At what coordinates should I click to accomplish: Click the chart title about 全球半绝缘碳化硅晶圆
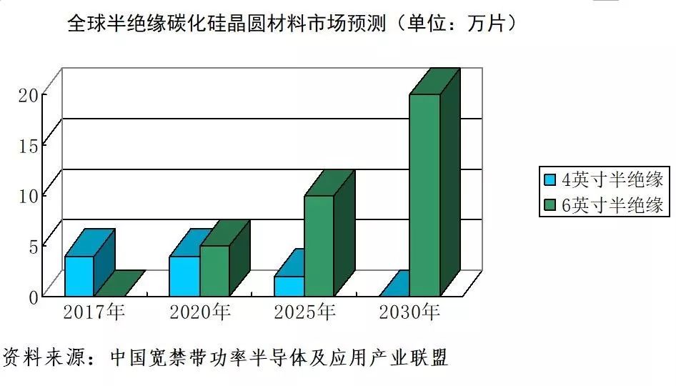coord(292,24)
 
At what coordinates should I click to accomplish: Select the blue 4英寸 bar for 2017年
coord(79,276)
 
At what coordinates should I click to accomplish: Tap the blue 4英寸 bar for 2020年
coord(184,276)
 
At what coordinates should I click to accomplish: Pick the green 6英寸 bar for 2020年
coord(214,270)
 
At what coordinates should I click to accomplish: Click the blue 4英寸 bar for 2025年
coord(289,286)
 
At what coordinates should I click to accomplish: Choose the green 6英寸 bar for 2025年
coord(319,245)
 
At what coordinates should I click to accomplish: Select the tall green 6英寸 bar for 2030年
coord(424,194)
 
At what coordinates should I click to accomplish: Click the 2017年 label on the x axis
coord(94,312)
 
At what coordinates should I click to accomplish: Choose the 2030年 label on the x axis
coord(409,312)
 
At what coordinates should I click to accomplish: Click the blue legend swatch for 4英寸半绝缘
coord(550,179)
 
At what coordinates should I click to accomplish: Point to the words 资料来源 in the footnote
coord(36,357)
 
